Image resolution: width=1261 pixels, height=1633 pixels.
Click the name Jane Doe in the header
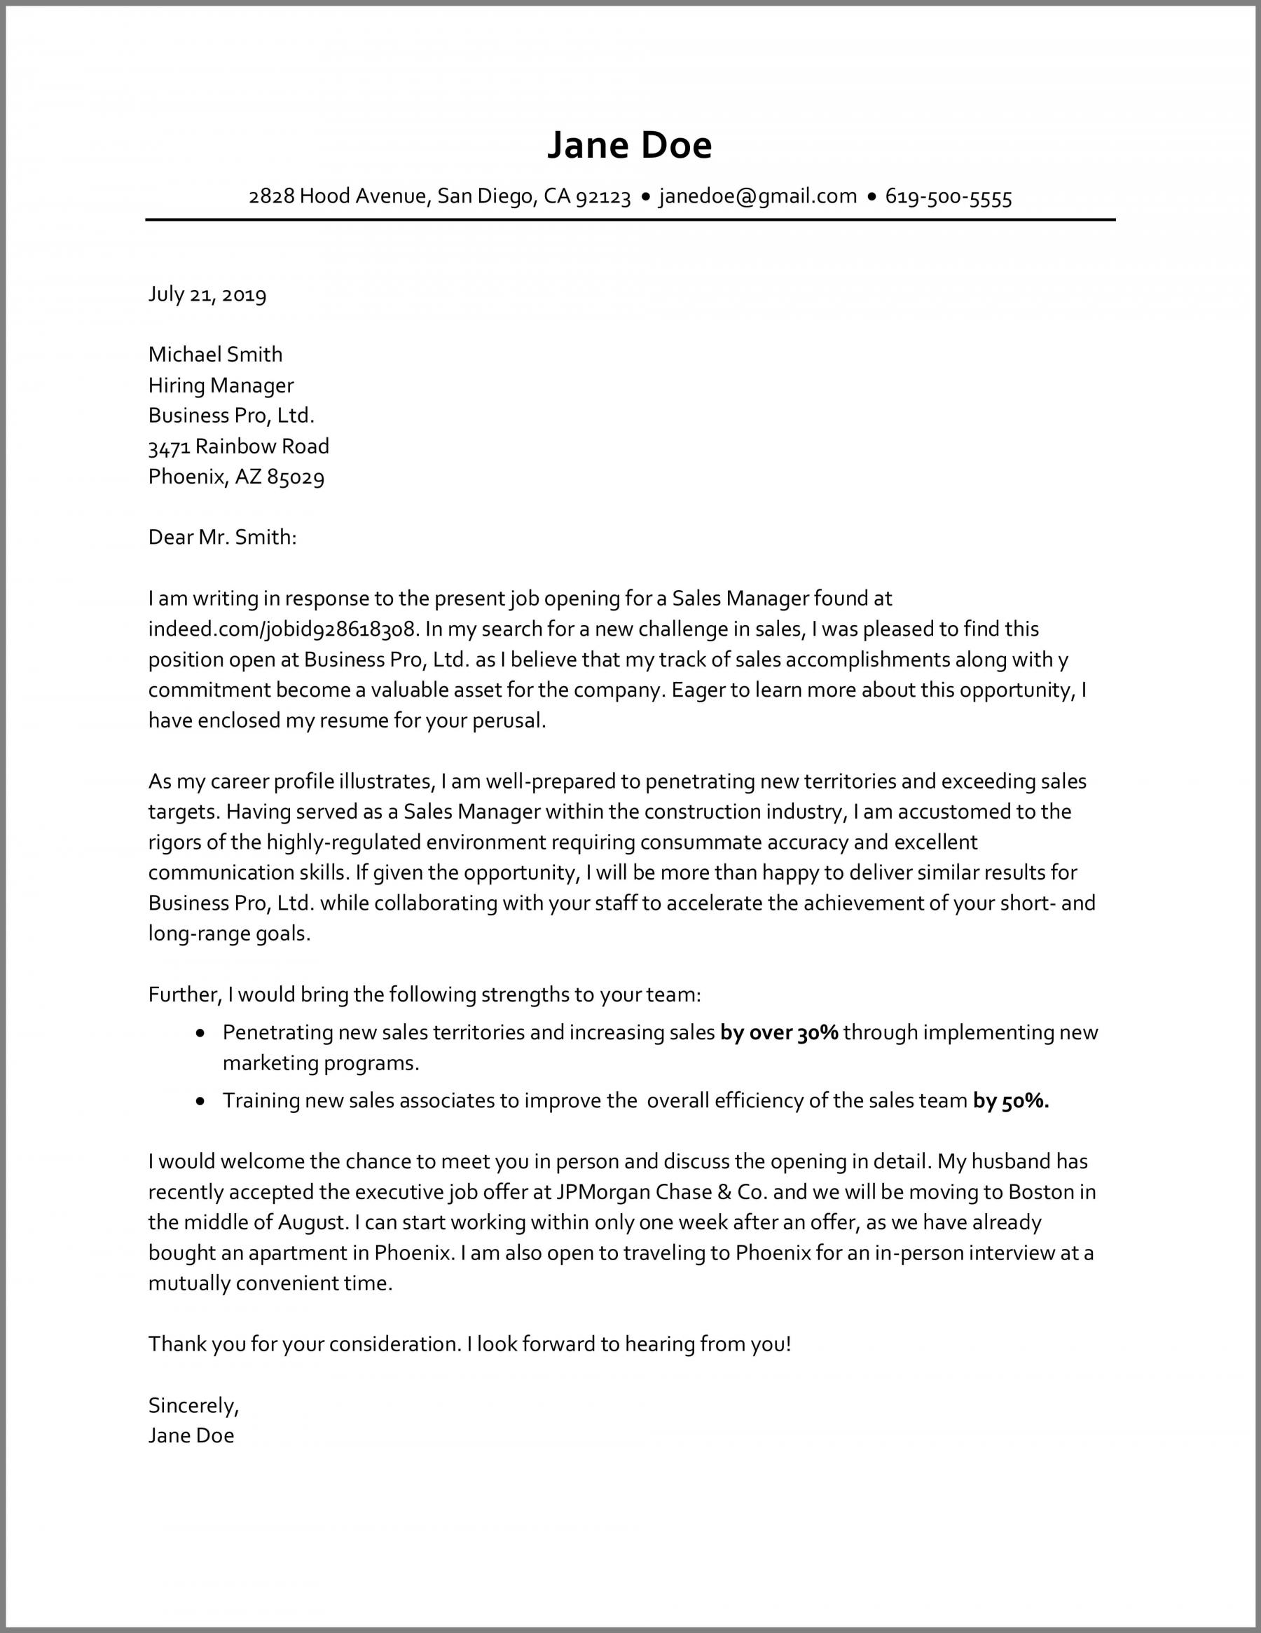tap(629, 145)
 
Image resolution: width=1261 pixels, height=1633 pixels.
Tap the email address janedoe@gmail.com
tap(757, 197)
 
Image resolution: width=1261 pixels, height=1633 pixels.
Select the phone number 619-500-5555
tap(948, 198)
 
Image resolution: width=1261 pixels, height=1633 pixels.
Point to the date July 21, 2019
tap(207, 294)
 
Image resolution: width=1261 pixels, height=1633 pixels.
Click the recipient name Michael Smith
tap(215, 355)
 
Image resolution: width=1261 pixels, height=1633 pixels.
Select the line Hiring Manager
tap(221, 385)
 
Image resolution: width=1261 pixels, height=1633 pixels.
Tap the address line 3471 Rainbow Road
tap(238, 446)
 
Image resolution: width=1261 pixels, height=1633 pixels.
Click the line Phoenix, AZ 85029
tap(236, 477)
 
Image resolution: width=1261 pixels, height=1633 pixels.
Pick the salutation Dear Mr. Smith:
tap(222, 537)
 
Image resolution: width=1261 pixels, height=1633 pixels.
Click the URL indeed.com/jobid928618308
tap(281, 629)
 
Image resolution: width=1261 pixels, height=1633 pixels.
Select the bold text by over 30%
tap(779, 1032)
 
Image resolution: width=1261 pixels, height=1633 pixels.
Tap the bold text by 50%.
tap(1011, 1100)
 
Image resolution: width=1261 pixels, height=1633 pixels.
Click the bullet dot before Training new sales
tap(200, 1101)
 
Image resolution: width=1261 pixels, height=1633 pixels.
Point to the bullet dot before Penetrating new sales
tap(200, 1033)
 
